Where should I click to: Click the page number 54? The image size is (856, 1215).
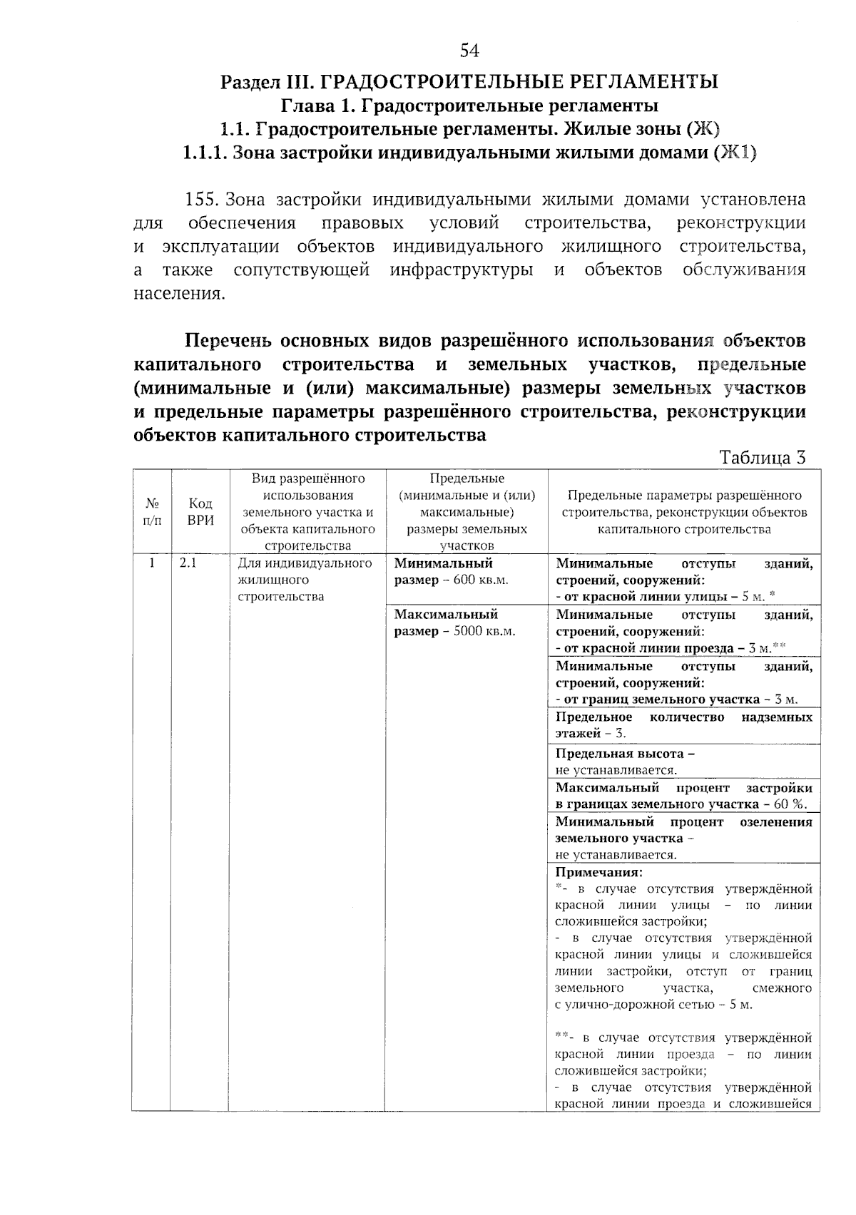coord(469,50)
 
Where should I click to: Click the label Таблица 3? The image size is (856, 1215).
coord(762,458)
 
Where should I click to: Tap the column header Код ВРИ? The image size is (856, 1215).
coord(200,512)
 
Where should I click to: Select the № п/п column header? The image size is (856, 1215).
coord(152,512)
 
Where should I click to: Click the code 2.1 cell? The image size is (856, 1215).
coord(188,563)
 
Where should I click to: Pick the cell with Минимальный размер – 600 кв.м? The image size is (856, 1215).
coord(452,572)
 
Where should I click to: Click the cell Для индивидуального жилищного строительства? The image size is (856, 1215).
coord(305,580)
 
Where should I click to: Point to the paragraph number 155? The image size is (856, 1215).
coord(200,200)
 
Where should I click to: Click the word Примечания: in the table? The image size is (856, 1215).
coord(599,872)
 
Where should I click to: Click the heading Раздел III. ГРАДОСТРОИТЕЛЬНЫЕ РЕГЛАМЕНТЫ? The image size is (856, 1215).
coord(469,81)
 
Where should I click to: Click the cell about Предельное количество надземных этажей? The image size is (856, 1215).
coord(683,725)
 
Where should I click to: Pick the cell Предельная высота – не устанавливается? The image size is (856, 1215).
coord(625,762)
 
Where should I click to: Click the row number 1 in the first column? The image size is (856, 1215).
coord(152,563)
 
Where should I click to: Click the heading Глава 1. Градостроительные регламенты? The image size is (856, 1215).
coord(469,106)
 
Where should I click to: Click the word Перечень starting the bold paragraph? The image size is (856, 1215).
coord(228,340)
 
